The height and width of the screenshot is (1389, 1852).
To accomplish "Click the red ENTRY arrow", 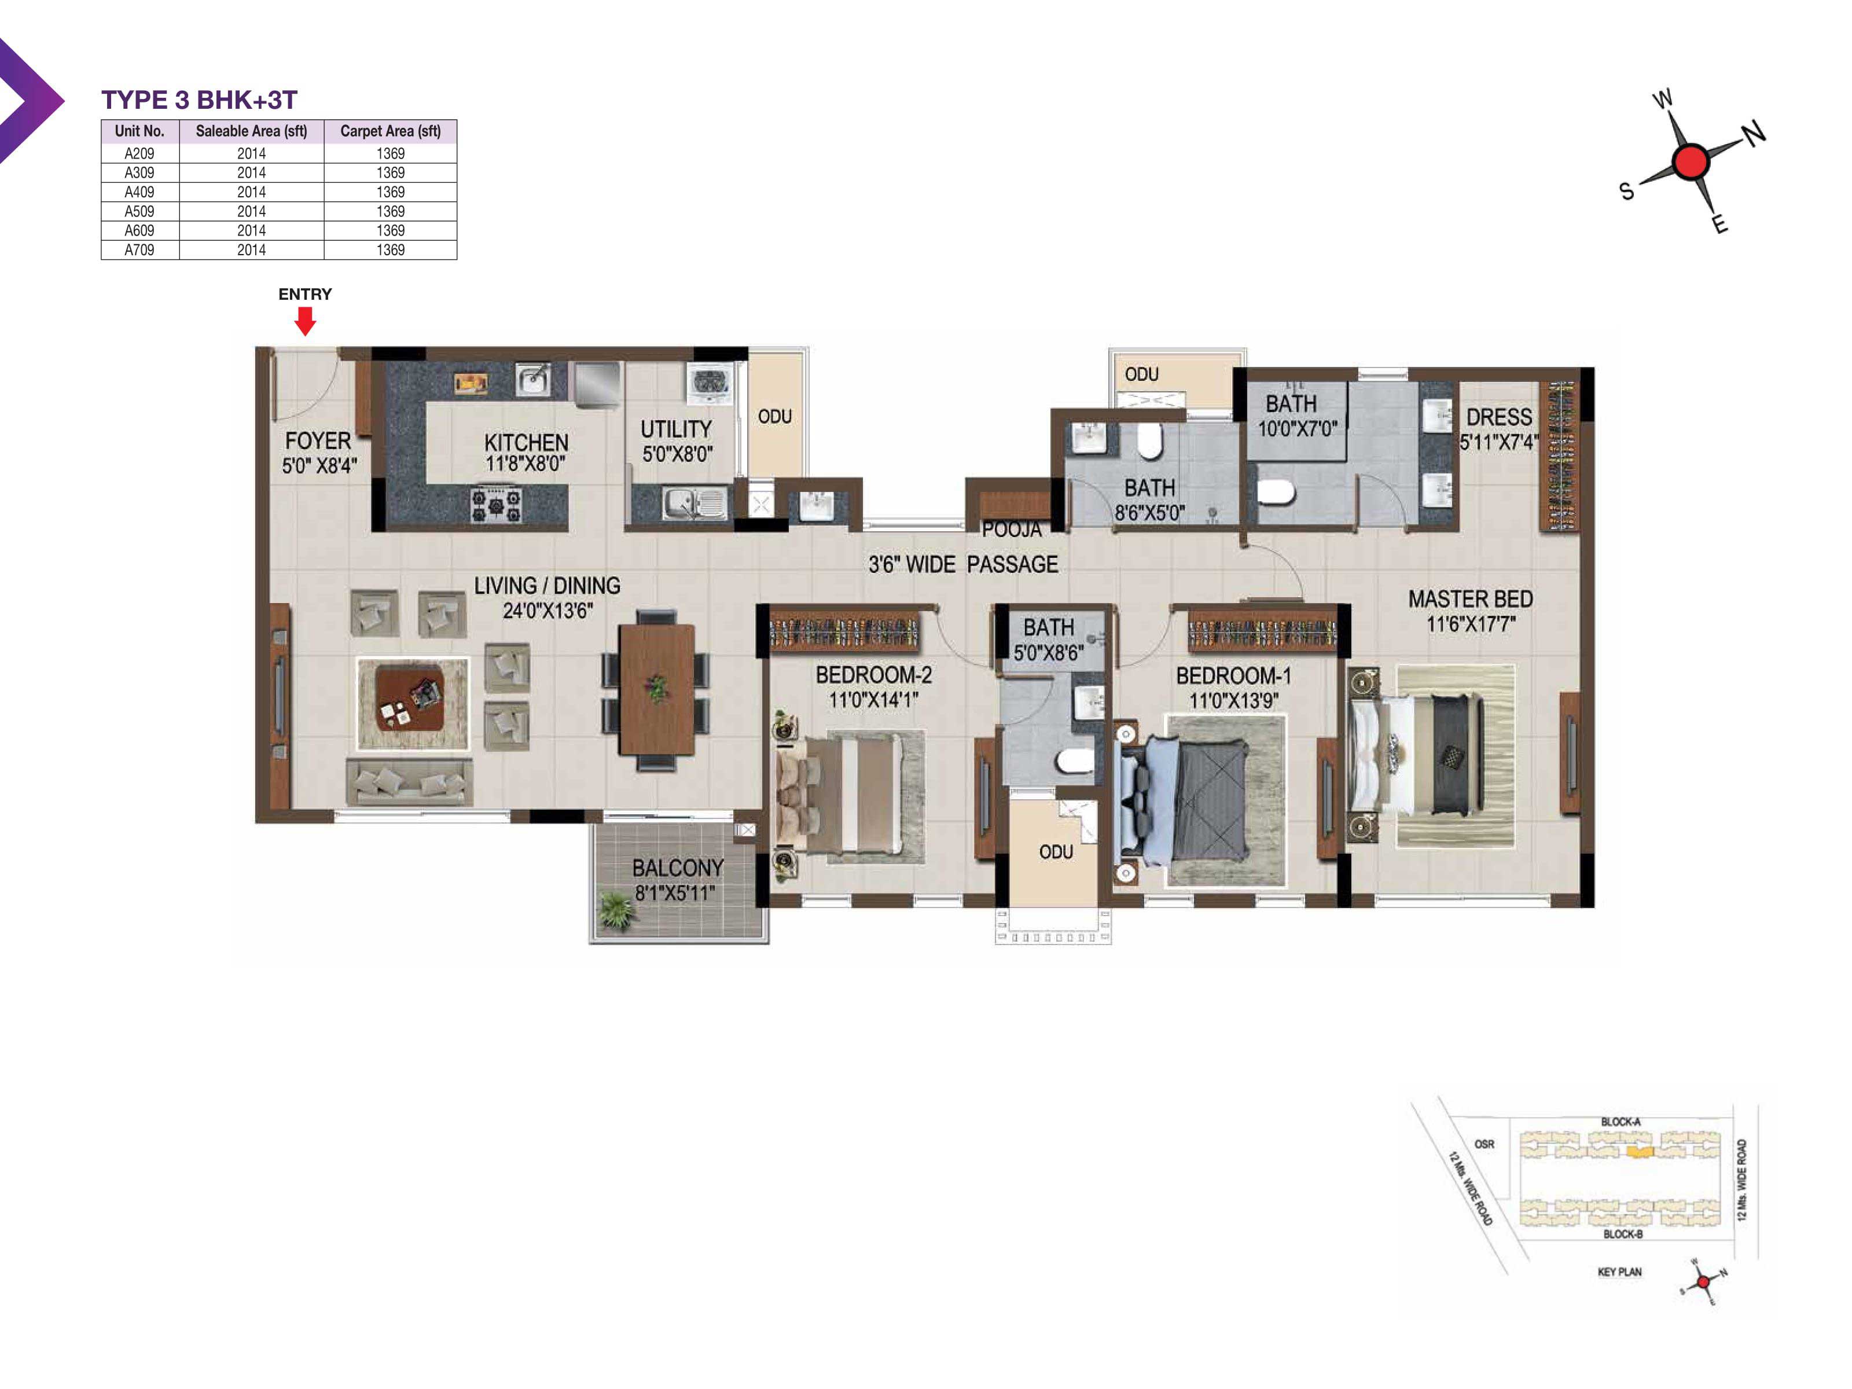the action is pos(306,321).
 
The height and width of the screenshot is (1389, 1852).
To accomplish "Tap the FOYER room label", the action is pos(318,440).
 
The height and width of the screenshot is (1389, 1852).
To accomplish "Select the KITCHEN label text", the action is pos(526,442).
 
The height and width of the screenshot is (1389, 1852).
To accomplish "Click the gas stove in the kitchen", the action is pos(495,505).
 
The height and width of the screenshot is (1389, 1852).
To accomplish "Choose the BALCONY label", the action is pos(677,868).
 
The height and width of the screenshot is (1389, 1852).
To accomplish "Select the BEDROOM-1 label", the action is pos(1233,675).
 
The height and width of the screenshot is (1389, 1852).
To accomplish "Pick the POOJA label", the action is pos(1012,529).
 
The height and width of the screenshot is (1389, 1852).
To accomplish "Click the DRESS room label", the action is pos(1499,417).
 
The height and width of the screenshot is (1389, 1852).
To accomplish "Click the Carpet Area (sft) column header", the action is pos(390,131).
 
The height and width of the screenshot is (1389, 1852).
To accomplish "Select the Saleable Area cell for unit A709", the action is pos(251,249).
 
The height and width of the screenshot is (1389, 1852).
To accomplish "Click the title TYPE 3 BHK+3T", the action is pos(199,100).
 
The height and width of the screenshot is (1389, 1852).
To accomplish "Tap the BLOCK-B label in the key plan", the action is pos(1623,1234).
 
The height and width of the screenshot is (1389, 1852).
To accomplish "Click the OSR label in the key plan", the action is pos(1484,1144).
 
